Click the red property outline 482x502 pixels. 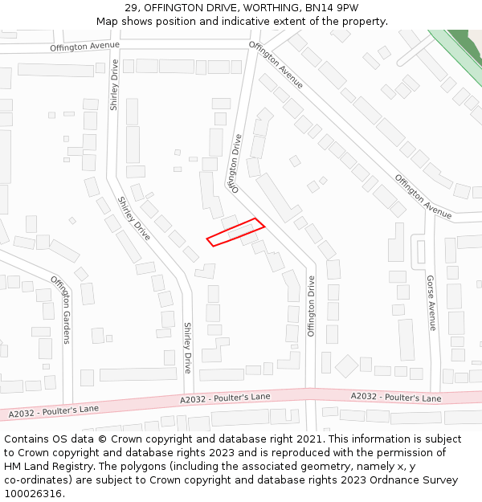(x=235, y=231)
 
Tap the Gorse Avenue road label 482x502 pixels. (x=431, y=303)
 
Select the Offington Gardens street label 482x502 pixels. (x=61, y=308)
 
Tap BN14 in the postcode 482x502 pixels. (x=316, y=8)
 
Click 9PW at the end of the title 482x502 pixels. (x=347, y=8)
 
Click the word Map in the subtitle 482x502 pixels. (x=108, y=22)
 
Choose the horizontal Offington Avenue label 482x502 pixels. (x=84, y=47)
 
